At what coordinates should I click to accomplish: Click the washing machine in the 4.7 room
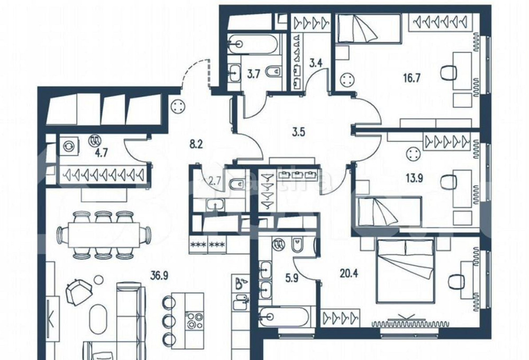pos(69,145)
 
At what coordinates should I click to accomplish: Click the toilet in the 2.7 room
pos(234,184)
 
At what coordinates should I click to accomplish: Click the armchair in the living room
pos(78,291)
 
